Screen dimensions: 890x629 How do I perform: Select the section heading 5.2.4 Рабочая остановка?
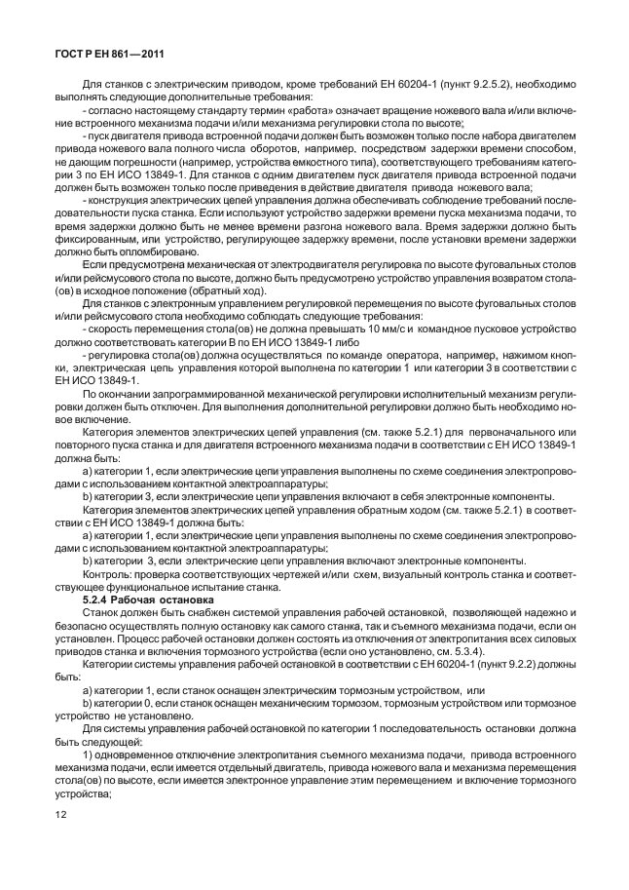(x=139, y=601)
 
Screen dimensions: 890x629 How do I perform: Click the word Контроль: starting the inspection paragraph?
(x=107, y=576)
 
